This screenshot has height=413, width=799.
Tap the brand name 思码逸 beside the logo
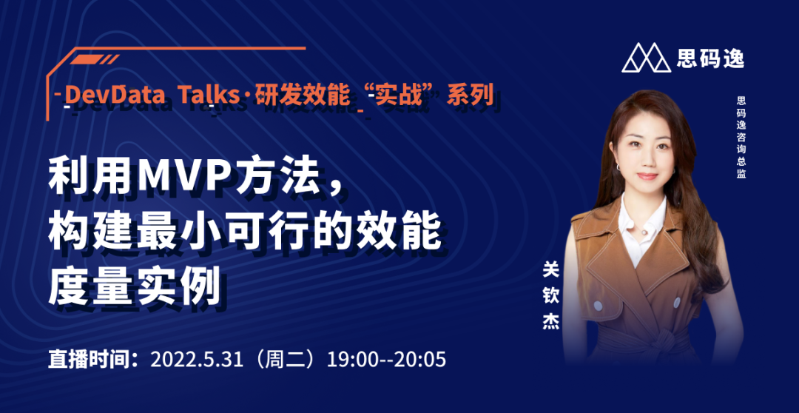point(710,58)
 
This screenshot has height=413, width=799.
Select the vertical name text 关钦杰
point(551,297)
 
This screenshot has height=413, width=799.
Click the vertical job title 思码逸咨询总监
point(741,137)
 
